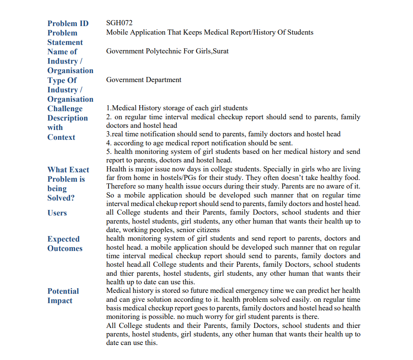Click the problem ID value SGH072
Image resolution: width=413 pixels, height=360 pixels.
pos(119,23)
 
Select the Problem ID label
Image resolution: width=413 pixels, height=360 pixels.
pos(68,24)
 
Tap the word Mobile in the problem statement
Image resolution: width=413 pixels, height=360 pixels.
pos(118,32)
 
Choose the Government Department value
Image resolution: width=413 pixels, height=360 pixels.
pos(144,80)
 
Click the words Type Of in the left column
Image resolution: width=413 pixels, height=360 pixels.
pos(62,80)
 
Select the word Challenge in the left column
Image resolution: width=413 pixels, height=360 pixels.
pos(65,109)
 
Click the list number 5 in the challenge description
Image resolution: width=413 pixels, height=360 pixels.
pos(108,151)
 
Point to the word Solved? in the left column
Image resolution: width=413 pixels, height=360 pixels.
pos(61,198)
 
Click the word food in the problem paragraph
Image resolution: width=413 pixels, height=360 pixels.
pos(351,178)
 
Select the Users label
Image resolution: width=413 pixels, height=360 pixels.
pos(57,213)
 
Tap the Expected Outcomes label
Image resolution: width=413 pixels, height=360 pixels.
pos(64,244)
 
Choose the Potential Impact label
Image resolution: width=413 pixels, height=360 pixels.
pos(63,296)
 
